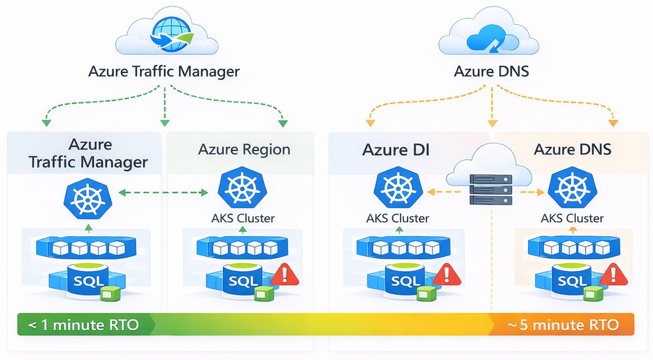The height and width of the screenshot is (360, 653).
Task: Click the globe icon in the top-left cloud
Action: point(168,37)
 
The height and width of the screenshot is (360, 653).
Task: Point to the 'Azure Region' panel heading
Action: point(244,150)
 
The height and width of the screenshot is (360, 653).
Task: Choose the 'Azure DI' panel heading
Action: point(397,150)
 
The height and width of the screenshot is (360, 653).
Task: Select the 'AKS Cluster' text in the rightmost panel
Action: point(573,218)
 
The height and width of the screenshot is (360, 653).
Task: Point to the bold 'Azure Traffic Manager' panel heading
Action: point(88,153)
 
